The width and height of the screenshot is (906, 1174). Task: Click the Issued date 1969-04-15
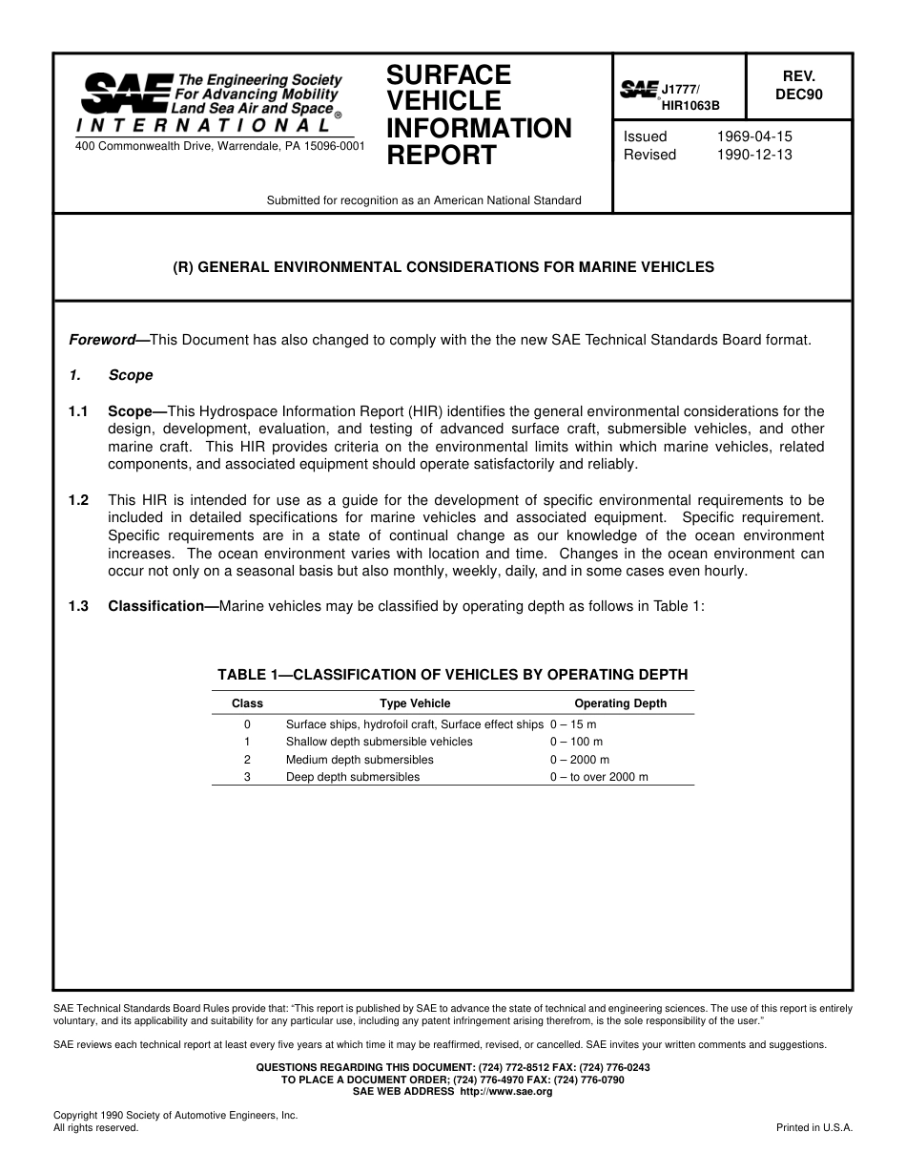click(x=753, y=136)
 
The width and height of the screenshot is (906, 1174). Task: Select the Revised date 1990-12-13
click(x=753, y=155)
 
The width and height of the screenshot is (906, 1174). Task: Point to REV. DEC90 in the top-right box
click(x=798, y=85)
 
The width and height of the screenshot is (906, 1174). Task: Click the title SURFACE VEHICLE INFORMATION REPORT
click(x=478, y=115)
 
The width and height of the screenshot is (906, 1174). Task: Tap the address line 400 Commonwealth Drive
click(x=218, y=146)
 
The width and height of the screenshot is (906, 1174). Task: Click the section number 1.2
click(x=78, y=500)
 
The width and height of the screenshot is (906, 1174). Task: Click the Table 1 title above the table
click(x=452, y=675)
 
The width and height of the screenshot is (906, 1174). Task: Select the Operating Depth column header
click(x=620, y=703)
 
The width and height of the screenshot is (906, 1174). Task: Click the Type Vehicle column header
click(x=415, y=703)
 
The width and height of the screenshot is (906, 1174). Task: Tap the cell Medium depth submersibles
click(x=360, y=760)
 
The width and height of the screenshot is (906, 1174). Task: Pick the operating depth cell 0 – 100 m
click(x=576, y=742)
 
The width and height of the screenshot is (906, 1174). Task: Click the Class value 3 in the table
click(x=247, y=777)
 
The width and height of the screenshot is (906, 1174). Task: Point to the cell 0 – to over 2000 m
click(x=598, y=777)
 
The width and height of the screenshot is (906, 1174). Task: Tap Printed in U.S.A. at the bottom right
click(x=814, y=1127)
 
